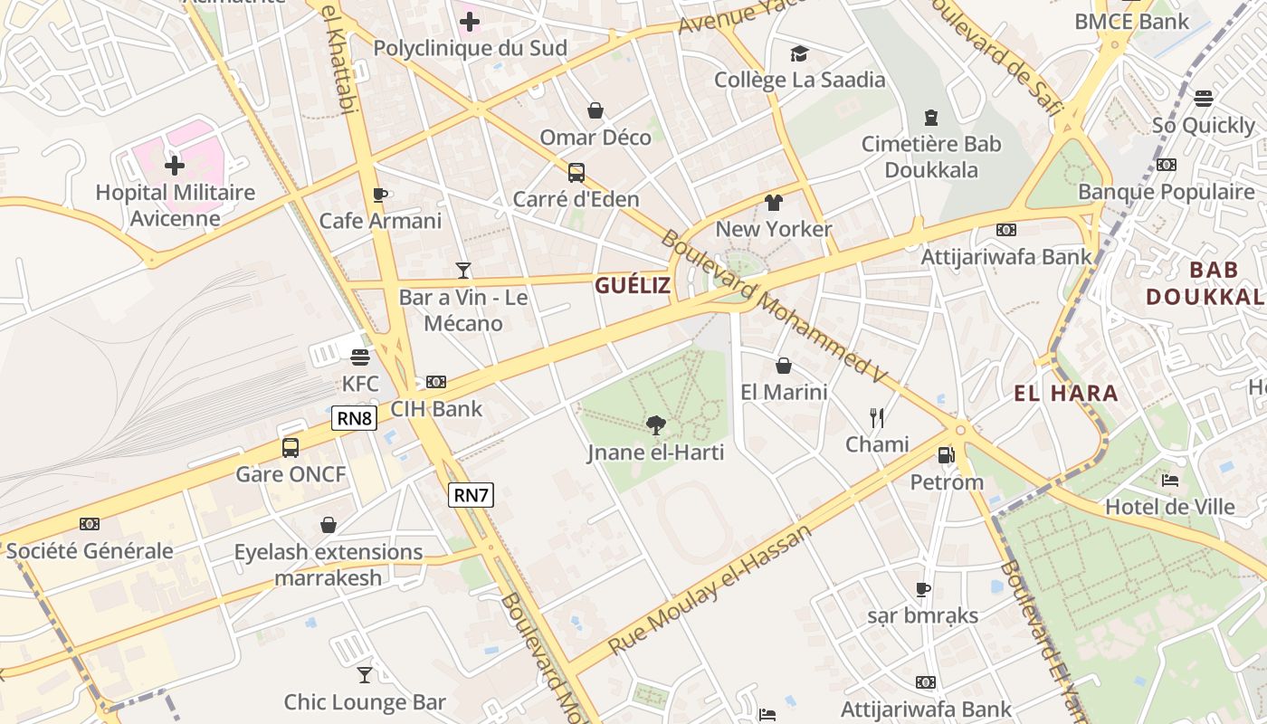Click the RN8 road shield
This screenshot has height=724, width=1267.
pos(355,418)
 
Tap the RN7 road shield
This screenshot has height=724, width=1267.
pos(471,494)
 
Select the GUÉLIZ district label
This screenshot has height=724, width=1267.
pos(633,286)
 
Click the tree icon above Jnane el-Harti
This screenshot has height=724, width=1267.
pos(656,424)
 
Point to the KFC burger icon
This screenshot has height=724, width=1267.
pos(360,357)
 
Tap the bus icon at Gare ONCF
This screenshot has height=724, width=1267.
pos(291,447)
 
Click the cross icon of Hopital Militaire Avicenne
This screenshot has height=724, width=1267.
pos(175,166)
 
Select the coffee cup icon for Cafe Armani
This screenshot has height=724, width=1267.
pos(380,195)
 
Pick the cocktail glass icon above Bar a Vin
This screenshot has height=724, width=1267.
pos(463,270)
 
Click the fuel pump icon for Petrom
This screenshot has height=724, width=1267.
pos(946,455)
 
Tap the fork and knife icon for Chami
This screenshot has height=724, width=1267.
pos(876,417)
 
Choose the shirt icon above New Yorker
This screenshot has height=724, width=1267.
pos(773,203)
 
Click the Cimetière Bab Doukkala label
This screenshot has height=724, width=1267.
pos(931,157)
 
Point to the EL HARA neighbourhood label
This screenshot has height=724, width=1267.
pos(1066,394)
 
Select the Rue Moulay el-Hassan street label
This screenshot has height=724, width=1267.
pos(710,589)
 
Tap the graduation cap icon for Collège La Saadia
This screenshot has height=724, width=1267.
pos(799,54)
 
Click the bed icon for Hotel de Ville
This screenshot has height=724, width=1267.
pos(1169,480)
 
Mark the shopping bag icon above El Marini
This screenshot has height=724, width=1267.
pos(784,366)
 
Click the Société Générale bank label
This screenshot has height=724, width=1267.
pos(90,551)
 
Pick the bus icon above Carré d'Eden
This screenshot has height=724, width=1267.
pos(576,172)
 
